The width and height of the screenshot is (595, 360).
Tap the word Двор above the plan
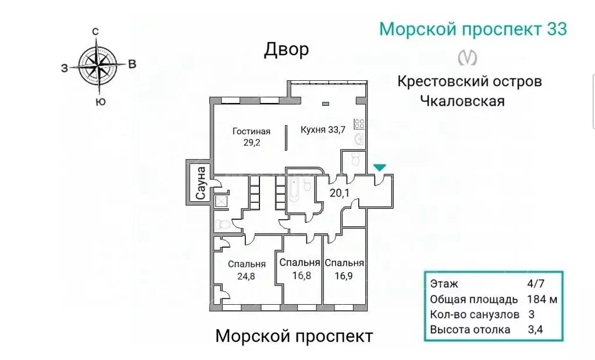click(x=286, y=51)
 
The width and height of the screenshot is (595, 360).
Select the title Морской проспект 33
click(x=473, y=29)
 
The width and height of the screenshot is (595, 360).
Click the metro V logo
click(x=468, y=57)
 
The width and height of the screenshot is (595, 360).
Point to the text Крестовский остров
click(x=469, y=81)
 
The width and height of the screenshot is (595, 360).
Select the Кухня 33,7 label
click(x=323, y=130)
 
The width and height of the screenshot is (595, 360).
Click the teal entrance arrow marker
click(x=379, y=168)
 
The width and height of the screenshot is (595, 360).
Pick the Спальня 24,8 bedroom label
click(x=247, y=269)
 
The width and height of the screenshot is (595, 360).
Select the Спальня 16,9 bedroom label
click(x=344, y=268)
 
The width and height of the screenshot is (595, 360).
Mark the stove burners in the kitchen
click(x=359, y=123)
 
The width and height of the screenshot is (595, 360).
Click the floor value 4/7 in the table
click(x=533, y=284)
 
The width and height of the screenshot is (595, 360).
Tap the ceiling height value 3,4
click(x=533, y=330)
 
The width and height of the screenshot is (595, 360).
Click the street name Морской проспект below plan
click(x=294, y=336)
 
